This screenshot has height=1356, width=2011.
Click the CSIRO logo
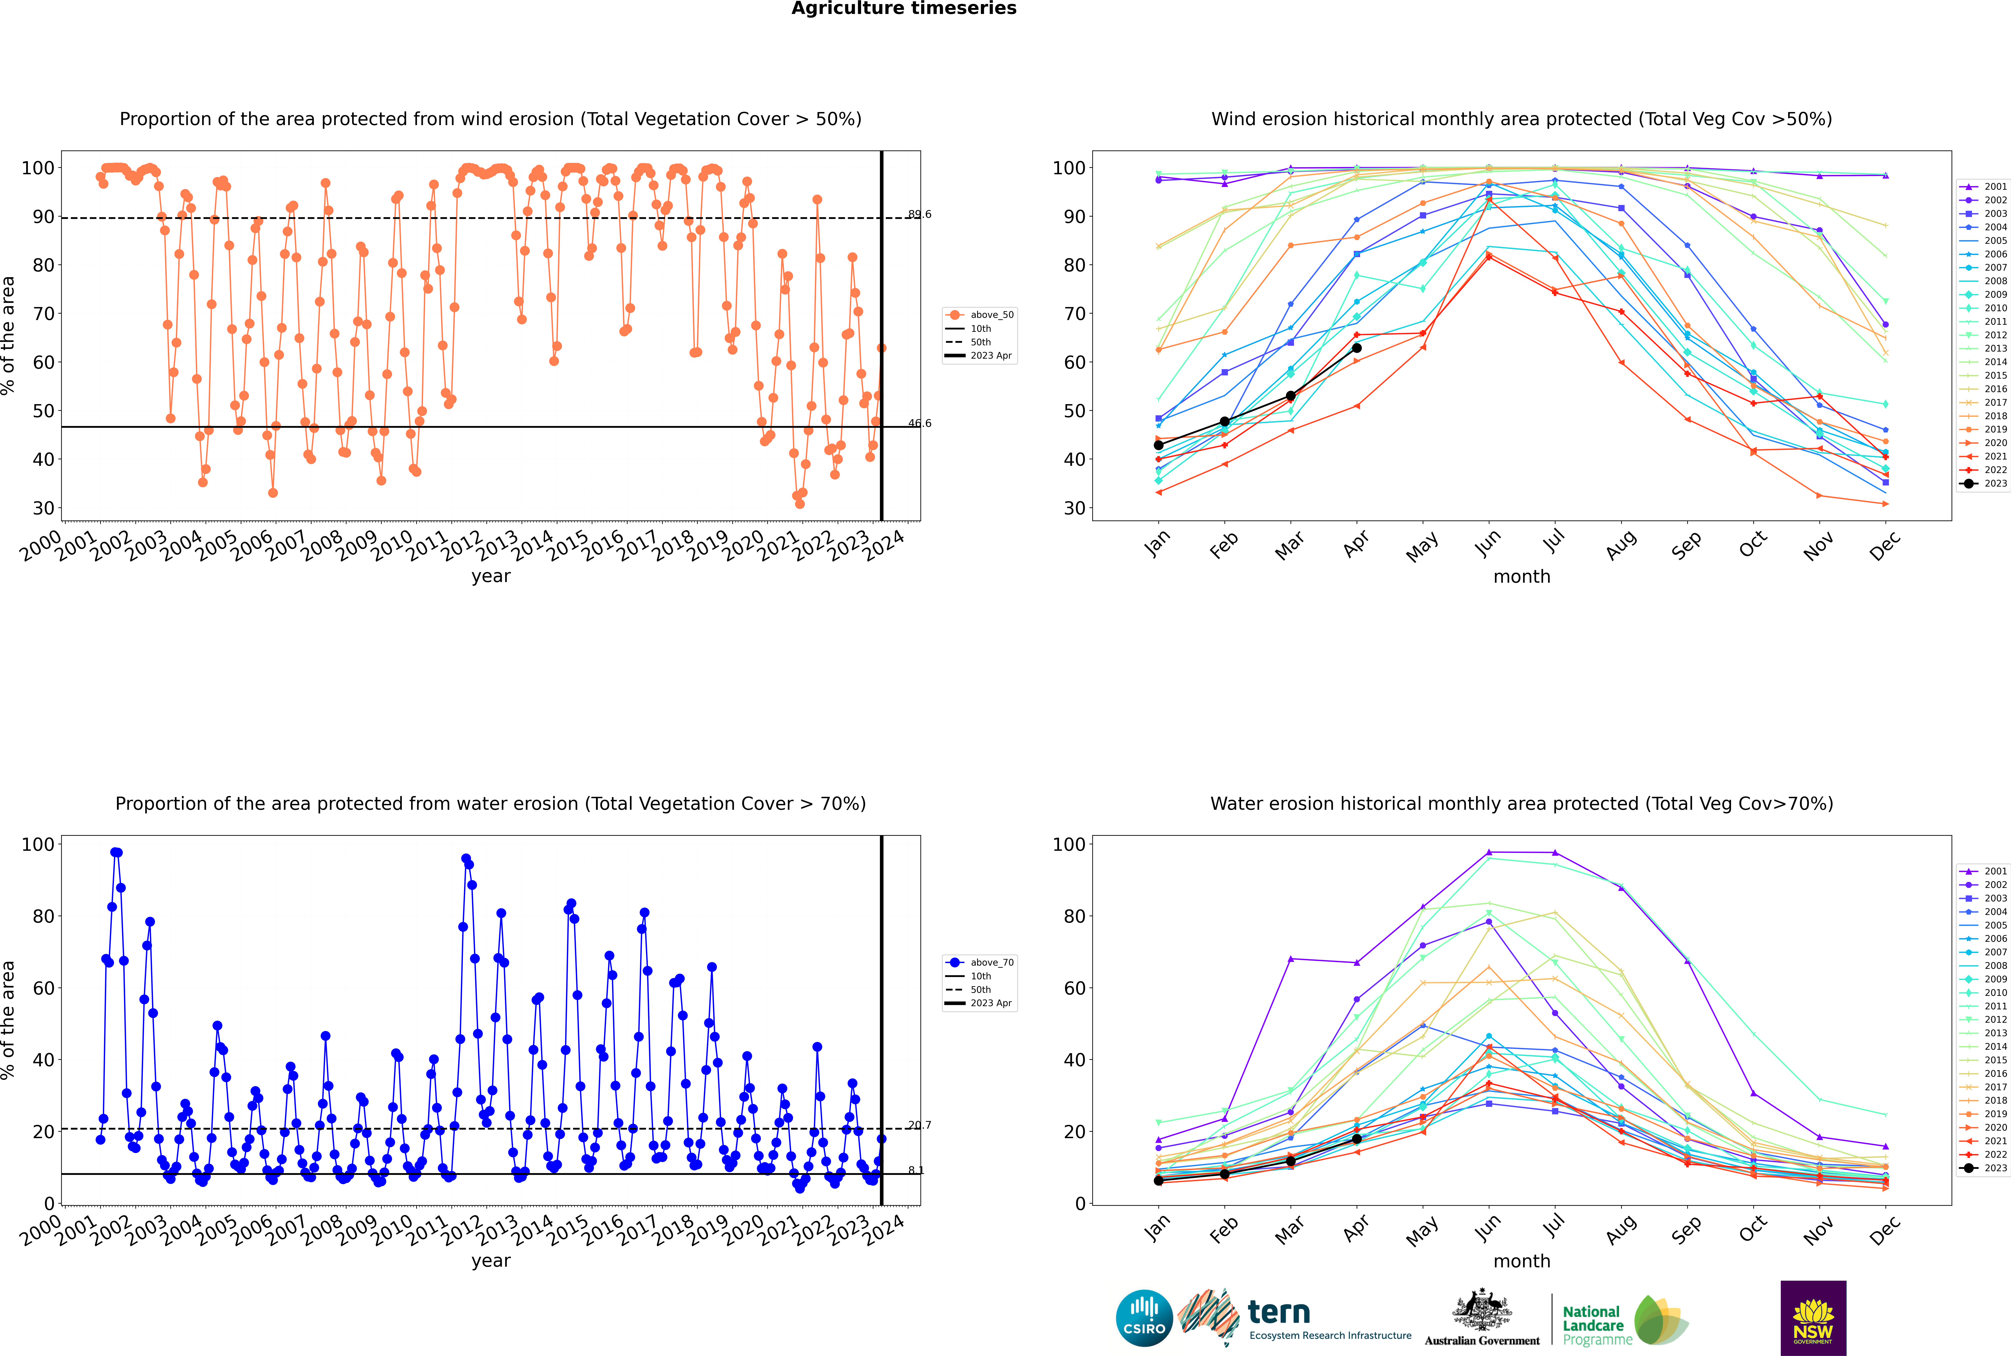tap(1144, 1318)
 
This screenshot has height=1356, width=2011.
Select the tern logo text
tap(1279, 1313)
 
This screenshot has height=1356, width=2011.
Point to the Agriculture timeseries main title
tap(903, 9)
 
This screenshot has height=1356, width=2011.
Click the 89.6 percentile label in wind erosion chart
tap(919, 214)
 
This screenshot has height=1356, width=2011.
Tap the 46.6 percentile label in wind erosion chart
tap(919, 423)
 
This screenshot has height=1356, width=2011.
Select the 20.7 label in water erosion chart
tap(919, 1125)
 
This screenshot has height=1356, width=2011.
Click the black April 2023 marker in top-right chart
tap(1357, 348)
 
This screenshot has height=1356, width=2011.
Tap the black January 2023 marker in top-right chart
tap(1159, 445)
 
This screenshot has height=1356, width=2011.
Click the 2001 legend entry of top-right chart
tap(1983, 187)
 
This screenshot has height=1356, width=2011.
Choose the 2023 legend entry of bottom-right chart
tap(1983, 1168)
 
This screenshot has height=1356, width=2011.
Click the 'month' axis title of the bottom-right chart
tap(1522, 1261)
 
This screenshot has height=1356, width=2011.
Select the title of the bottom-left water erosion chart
tap(490, 803)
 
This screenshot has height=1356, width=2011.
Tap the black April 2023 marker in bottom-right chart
tap(1357, 1139)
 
